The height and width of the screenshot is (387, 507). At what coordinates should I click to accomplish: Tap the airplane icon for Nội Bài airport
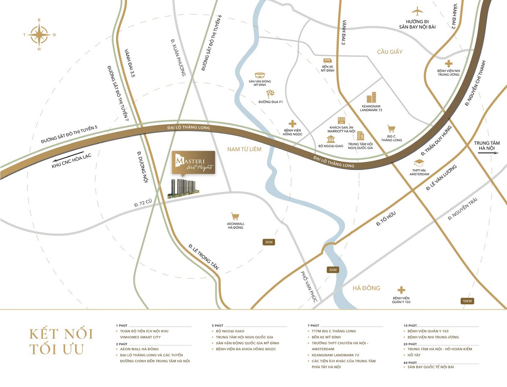click(x=417, y=11)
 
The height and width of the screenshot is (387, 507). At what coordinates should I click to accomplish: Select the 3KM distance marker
click(x=269, y=242)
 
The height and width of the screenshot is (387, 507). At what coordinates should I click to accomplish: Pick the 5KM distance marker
click(x=333, y=270)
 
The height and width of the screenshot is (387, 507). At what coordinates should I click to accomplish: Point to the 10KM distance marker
click(x=467, y=301)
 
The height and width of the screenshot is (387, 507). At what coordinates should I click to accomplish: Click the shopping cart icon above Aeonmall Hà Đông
click(x=235, y=216)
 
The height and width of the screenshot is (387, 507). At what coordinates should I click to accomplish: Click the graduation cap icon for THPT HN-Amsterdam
click(x=419, y=163)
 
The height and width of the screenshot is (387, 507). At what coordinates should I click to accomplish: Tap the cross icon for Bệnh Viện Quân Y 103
click(x=401, y=290)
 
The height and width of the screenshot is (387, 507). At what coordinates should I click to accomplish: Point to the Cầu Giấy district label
click(x=390, y=52)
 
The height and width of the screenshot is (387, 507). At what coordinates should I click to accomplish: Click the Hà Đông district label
click(x=366, y=288)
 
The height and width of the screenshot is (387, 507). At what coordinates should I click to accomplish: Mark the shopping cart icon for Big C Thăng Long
click(x=391, y=129)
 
